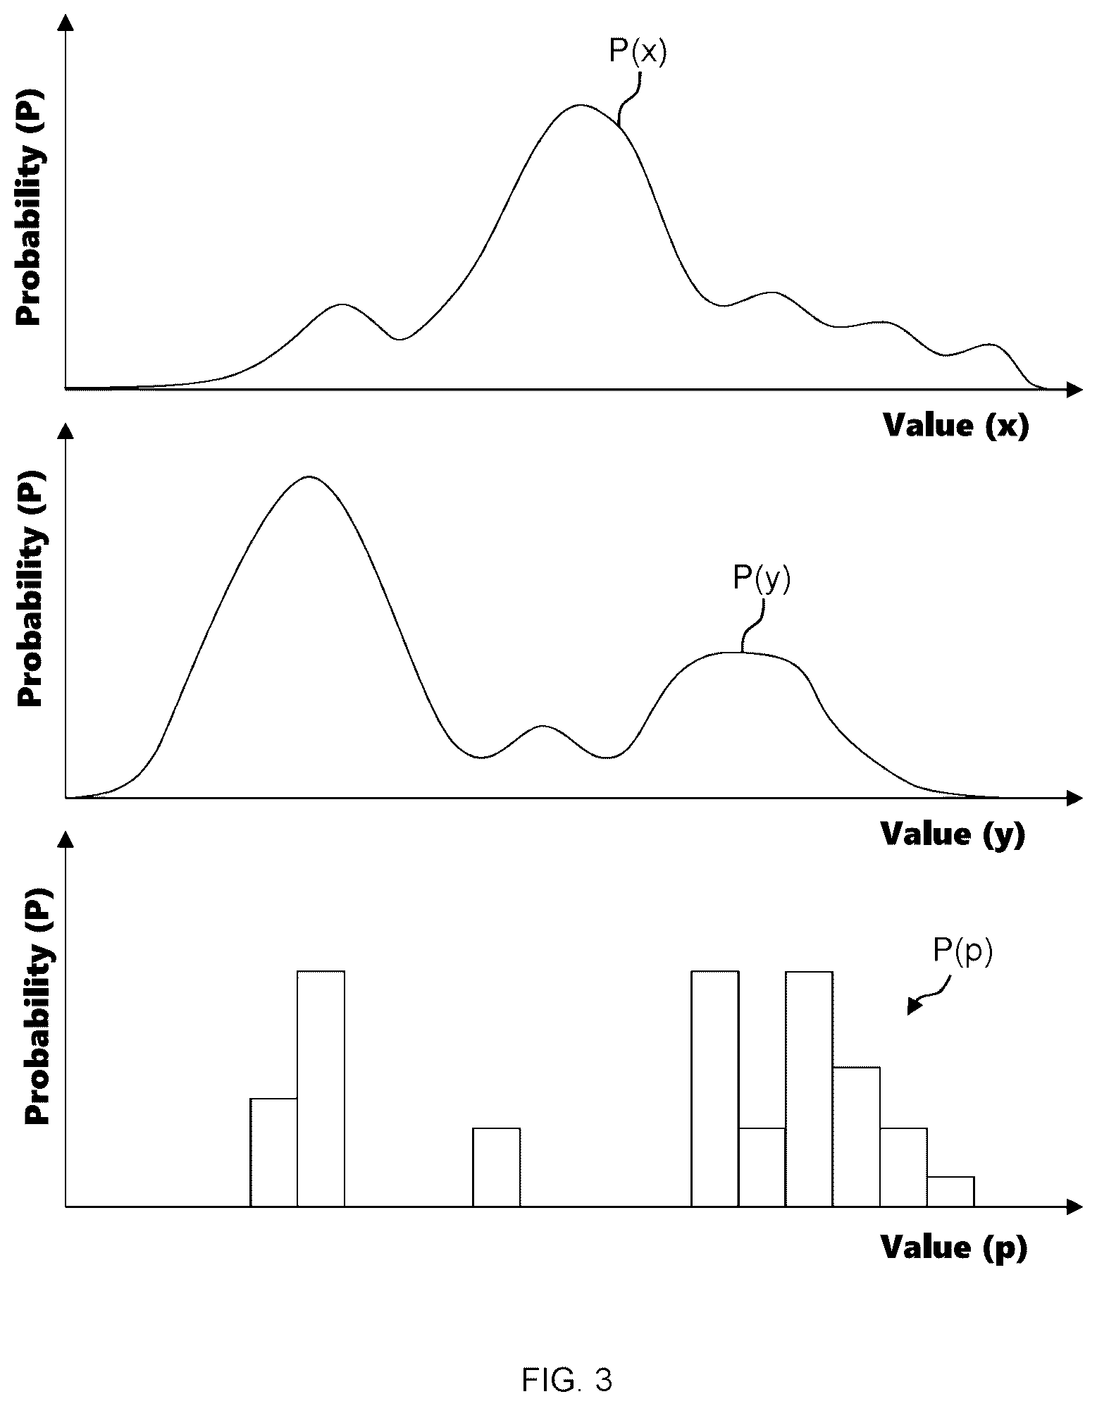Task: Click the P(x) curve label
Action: [x=637, y=52]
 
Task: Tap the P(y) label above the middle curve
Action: [x=762, y=579]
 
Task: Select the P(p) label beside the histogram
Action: [x=962, y=951]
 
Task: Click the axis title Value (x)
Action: [x=956, y=426]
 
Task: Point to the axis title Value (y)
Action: [x=953, y=834]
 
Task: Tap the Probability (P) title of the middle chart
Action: [x=31, y=589]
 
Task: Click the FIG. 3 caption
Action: [x=567, y=1359]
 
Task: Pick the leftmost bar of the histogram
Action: [x=274, y=1152]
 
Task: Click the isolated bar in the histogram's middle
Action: [x=496, y=1167]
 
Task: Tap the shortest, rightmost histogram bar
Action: [x=950, y=1191]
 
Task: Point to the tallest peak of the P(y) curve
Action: [x=308, y=477]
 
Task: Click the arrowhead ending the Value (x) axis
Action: [x=1076, y=388]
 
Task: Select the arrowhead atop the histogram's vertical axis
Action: [x=66, y=839]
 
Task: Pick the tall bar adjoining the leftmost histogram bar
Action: [x=321, y=1088]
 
